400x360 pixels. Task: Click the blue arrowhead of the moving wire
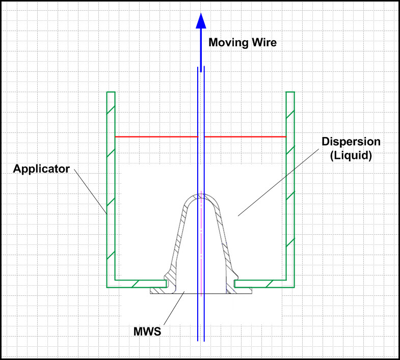pyautogui.click(x=201, y=22)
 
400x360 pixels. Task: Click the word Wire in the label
pyautogui.click(x=263, y=43)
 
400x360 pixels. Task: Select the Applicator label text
pyautogui.click(x=41, y=169)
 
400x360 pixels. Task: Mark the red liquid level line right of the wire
pyautogui.click(x=245, y=136)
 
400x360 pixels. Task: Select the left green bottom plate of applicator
pyautogui.click(x=138, y=284)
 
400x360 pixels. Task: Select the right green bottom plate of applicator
pyautogui.click(x=260, y=284)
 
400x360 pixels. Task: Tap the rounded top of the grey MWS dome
pyautogui.click(x=201, y=197)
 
